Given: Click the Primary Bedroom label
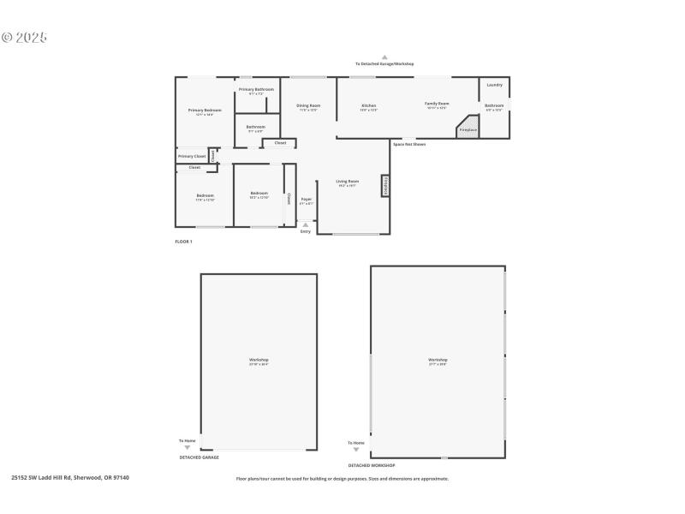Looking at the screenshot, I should (x=205, y=111).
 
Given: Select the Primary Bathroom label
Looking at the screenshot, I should (x=256, y=90).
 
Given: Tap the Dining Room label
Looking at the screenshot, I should (x=308, y=106).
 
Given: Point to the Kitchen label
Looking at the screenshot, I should (x=368, y=106).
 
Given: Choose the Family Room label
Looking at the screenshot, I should (x=437, y=104).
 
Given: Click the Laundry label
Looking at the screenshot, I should (x=494, y=85).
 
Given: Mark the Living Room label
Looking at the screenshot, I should (x=347, y=182).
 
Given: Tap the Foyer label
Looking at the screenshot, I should (x=306, y=199).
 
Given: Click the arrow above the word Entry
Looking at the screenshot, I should (x=306, y=224).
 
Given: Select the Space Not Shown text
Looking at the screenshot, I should (x=408, y=144).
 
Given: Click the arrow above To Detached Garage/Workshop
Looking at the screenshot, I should (x=384, y=57).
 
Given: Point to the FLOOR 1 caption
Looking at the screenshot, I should (x=183, y=242).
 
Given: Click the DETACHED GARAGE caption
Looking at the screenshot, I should (x=199, y=457).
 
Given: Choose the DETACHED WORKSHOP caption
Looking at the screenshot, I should (x=371, y=465).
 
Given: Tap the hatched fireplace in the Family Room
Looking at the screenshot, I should (x=468, y=129).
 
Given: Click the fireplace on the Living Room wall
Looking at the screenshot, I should (x=385, y=186).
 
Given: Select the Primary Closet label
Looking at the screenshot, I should (x=192, y=157).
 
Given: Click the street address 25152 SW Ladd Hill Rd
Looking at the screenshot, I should (x=69, y=478).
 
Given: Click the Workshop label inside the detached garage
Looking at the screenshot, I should (x=259, y=360).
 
